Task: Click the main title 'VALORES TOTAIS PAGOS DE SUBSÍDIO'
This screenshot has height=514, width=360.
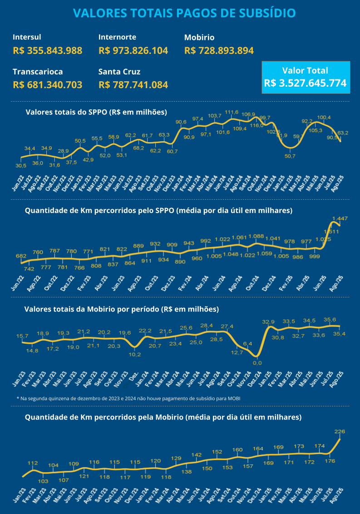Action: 184,13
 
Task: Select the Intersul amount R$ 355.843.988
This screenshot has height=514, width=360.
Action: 48,50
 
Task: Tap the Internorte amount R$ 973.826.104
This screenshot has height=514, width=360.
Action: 133,50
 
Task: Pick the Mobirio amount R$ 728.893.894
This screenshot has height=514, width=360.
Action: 219,50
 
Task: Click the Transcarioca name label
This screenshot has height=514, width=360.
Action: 38,72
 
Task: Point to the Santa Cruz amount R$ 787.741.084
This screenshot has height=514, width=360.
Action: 133,85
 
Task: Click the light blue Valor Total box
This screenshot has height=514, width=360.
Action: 306,77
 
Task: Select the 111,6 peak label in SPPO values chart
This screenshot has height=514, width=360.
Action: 232,112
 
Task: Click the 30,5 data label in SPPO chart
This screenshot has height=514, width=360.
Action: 21,166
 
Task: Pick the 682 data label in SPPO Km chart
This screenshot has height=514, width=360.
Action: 21,256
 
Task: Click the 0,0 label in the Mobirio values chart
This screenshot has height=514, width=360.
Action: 257,363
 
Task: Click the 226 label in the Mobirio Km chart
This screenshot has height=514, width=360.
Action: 340,431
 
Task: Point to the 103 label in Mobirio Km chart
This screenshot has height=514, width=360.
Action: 43,481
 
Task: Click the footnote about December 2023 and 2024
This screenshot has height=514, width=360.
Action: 128,398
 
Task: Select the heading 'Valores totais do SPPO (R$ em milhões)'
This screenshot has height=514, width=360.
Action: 96,112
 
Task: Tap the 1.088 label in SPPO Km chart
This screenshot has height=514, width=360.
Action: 256,236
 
